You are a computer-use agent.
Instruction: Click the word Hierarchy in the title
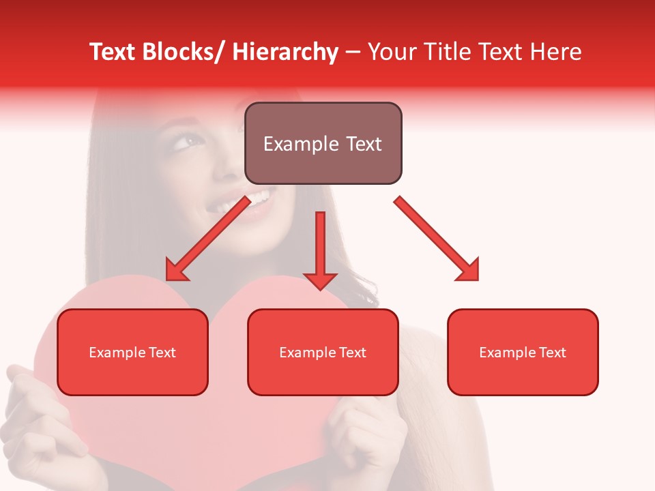(x=285, y=52)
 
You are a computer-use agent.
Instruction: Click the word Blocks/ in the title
(x=186, y=52)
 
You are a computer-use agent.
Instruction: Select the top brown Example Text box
(x=323, y=143)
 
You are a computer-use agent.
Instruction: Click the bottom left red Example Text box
(x=132, y=352)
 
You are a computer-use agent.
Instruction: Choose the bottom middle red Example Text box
(x=323, y=352)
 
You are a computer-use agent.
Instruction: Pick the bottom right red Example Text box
(x=523, y=352)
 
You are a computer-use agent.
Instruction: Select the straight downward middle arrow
(x=320, y=245)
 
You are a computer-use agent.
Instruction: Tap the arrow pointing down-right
(x=437, y=239)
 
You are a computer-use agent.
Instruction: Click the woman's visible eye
(x=192, y=141)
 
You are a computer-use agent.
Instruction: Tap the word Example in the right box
(x=503, y=353)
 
